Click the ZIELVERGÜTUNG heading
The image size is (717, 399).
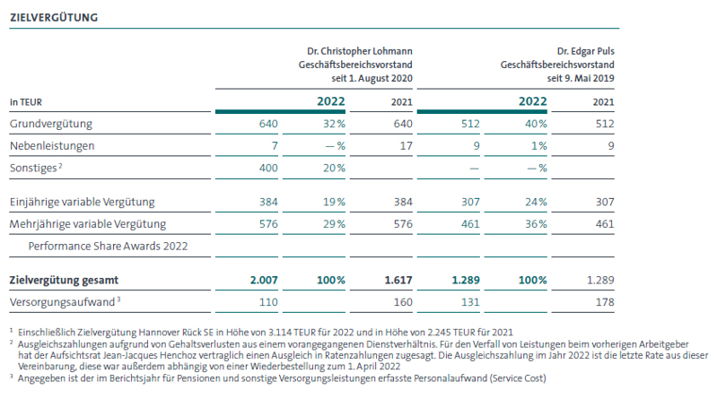pos(54,17)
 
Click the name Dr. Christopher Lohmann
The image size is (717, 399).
pos(360,51)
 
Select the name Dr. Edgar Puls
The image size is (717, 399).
pos(585,51)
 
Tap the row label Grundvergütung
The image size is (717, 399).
pos(51,124)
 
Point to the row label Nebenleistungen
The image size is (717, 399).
pos(52,146)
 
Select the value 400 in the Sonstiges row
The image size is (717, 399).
pos(268,169)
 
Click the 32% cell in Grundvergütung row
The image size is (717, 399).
pos(334,124)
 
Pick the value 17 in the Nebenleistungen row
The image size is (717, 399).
pos(406,146)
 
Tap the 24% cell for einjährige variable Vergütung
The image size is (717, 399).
pos(536,202)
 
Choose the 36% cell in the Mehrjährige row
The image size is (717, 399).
pos(536,224)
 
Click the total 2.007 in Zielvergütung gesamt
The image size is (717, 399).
pos(264,280)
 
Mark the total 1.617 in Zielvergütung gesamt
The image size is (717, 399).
pos(398,280)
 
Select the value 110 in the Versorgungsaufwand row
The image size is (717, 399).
pos(268,302)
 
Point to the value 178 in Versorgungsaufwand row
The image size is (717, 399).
pos(605,302)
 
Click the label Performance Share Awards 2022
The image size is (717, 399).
pos(108,247)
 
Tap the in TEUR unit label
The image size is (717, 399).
pos(26,102)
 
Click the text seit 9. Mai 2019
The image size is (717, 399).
pos(581,78)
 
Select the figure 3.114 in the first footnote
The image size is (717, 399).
pos(280,333)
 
